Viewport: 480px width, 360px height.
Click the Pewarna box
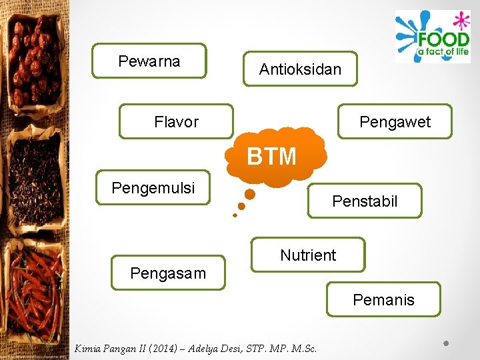coord(149,61)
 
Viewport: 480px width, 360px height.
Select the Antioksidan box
coord(300,69)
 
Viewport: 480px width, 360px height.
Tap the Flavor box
coord(176,121)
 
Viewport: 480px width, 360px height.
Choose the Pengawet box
coord(395,121)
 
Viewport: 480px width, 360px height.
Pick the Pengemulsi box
coord(153,188)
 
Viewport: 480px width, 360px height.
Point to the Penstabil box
coord(365,201)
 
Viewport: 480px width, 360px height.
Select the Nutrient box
coord(308,255)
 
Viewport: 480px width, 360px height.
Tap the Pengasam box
coord(168,273)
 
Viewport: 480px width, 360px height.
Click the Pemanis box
coord(383,299)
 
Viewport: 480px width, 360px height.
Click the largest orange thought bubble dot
coord(250,195)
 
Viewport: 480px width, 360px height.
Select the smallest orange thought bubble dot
coord(235,215)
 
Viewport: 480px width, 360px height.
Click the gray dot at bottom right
coord(447,344)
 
